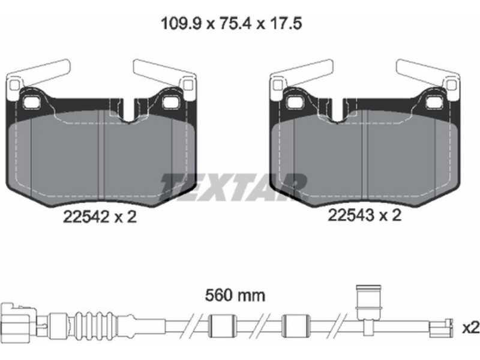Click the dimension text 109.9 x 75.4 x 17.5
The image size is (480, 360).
(x=232, y=23)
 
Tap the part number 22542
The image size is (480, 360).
(x=86, y=217)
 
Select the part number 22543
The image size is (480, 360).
(x=351, y=215)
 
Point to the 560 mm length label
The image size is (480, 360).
(x=235, y=295)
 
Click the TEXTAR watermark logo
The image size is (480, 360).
(x=233, y=187)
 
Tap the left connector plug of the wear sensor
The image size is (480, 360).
(x=19, y=322)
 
